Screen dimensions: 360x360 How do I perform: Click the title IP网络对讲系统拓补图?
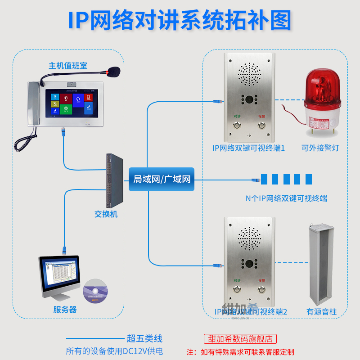coord(180,20)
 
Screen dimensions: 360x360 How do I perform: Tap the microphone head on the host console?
coord(113,71)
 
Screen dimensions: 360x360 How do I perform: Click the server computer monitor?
coord(59,275)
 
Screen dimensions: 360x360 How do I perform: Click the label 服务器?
coord(65,310)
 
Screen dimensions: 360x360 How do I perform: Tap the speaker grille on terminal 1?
coord(249,75)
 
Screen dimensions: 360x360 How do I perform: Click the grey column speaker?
coord(321,263)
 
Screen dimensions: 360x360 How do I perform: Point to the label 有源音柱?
coord(321,311)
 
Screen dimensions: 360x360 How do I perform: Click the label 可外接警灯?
coord(320,148)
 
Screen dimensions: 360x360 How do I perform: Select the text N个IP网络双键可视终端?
coord(286,198)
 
